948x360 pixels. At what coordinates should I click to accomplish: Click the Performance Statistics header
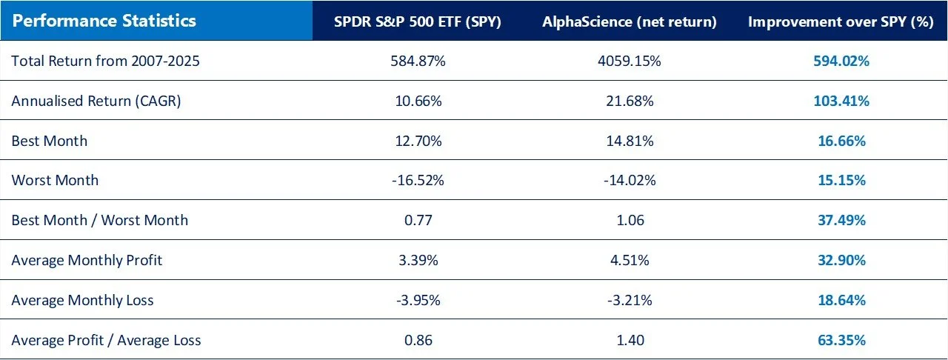[x=104, y=21]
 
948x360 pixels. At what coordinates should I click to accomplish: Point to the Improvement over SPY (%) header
[x=840, y=21]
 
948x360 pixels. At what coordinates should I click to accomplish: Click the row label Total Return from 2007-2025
[x=105, y=61]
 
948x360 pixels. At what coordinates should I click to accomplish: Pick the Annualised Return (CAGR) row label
[x=96, y=101]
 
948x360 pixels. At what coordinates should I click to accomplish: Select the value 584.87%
[x=418, y=61]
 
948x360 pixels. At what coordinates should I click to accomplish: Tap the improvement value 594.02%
[x=840, y=61]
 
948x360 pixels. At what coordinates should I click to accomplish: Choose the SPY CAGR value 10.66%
[x=418, y=101]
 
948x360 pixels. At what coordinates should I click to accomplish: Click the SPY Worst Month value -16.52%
[x=418, y=181]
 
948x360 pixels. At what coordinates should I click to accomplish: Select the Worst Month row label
[x=55, y=181]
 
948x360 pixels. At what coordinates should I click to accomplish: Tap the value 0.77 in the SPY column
[x=418, y=221]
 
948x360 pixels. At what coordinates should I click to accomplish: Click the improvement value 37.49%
[x=840, y=221]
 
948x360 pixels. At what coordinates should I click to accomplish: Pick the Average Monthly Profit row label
[x=87, y=261]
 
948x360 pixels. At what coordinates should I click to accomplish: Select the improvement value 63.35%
[x=840, y=340]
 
